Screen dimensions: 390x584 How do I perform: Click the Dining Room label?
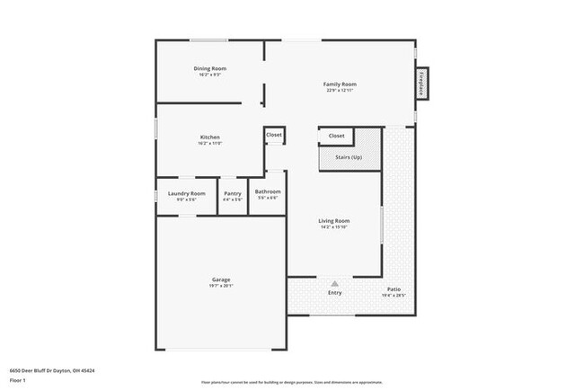click(x=209, y=69)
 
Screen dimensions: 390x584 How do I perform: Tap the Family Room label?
click(x=339, y=84)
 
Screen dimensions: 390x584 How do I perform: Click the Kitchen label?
click(x=209, y=137)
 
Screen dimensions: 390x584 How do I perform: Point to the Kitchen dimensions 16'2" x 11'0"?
click(x=209, y=144)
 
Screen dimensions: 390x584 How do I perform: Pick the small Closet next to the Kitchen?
click(x=274, y=135)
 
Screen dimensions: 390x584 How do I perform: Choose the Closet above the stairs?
click(x=336, y=136)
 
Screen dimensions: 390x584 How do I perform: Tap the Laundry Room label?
click(x=187, y=193)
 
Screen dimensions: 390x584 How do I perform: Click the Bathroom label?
click(x=268, y=191)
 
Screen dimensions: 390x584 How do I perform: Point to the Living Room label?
click(x=333, y=220)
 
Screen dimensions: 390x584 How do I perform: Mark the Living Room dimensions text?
click(x=333, y=226)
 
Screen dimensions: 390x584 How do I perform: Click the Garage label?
click(x=220, y=279)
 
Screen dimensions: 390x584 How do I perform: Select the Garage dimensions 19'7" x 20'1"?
click(x=220, y=286)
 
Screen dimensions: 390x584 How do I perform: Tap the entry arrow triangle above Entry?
click(x=334, y=283)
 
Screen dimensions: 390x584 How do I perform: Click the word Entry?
click(x=334, y=293)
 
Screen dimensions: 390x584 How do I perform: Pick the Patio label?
click(x=394, y=288)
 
